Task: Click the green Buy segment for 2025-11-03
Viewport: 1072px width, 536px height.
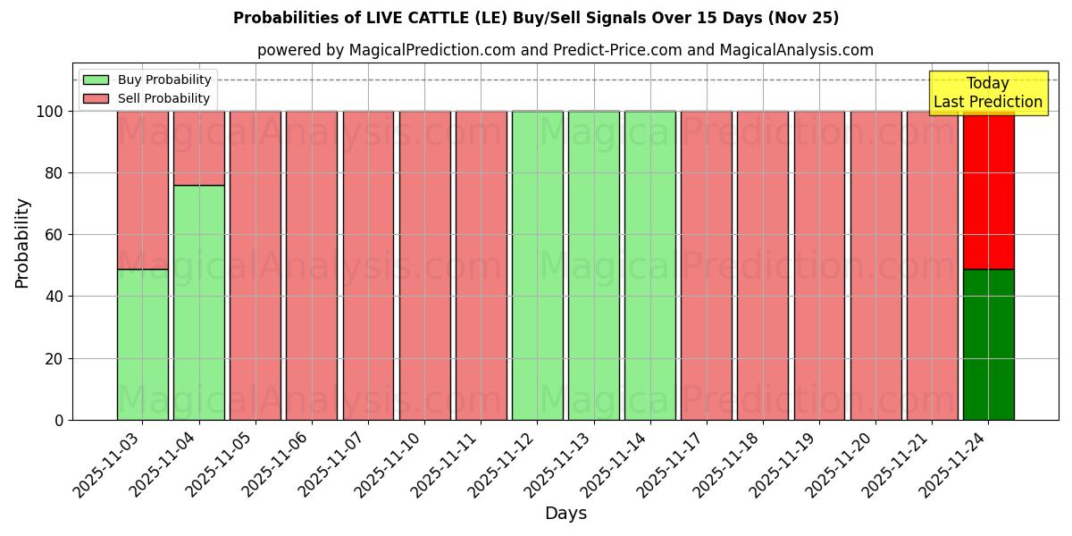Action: pyautogui.click(x=142, y=344)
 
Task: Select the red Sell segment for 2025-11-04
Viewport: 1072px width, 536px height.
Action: pyautogui.click(x=198, y=148)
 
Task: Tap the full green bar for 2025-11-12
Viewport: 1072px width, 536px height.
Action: pyautogui.click(x=537, y=265)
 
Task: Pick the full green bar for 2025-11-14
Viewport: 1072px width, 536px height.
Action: pyautogui.click(x=649, y=265)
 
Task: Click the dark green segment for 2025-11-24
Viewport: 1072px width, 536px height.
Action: pyautogui.click(x=988, y=344)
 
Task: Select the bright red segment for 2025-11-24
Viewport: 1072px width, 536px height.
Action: pyautogui.click(x=988, y=189)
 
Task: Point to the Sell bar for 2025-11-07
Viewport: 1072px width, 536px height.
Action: pyautogui.click(x=368, y=265)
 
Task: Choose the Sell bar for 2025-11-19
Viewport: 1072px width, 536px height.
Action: pyautogui.click(x=819, y=265)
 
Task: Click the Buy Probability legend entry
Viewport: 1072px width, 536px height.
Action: pyautogui.click(x=147, y=80)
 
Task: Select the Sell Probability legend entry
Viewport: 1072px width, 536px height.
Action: pyautogui.click(x=147, y=98)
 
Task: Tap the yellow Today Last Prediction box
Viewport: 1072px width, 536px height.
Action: pyautogui.click(x=987, y=93)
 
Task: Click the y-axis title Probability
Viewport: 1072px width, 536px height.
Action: pyautogui.click(x=22, y=243)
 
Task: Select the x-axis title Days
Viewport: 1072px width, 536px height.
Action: pyautogui.click(x=565, y=514)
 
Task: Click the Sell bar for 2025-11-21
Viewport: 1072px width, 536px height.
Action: pyautogui.click(x=932, y=265)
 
